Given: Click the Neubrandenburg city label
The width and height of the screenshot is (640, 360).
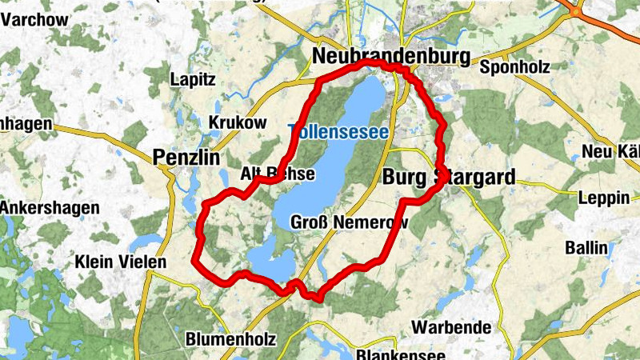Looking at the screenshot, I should tap(390, 57).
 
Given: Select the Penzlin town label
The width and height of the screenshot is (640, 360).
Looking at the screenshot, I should tap(186, 158).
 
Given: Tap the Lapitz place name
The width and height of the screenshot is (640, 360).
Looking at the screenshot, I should tap(194, 79).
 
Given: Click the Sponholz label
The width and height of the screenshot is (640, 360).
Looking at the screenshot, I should tap(514, 66).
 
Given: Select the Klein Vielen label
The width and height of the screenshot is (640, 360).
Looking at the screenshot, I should tap(120, 262).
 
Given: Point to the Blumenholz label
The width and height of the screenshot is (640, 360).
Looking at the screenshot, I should tap(230, 339).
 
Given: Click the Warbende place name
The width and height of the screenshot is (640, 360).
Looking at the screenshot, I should tap(451, 327).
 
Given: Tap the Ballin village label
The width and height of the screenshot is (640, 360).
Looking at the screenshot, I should tap(586, 247).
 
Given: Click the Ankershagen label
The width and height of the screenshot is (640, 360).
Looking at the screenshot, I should tap(50, 208).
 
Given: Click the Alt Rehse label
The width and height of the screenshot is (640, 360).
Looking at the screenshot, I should tap(278, 174).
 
